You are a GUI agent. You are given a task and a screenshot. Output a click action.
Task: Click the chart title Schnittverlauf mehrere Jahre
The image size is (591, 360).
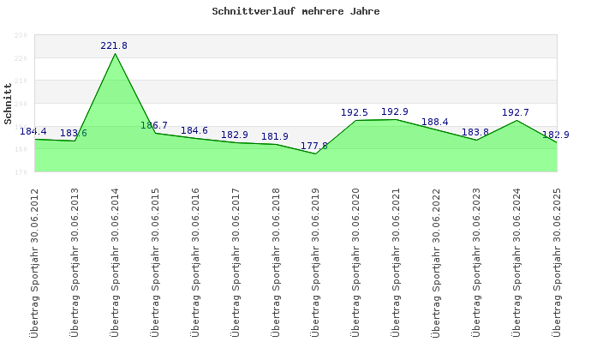click(x=295, y=12)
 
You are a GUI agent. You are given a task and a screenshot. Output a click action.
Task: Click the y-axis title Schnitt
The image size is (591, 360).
click(x=8, y=104)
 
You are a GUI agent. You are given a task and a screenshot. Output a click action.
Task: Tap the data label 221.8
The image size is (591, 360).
click(x=114, y=45)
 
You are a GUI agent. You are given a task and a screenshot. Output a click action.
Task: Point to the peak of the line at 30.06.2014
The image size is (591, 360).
click(x=115, y=53)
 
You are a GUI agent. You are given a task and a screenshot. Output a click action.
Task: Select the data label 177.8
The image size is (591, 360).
click(x=314, y=146)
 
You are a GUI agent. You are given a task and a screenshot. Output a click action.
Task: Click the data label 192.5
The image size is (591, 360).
click(x=354, y=112)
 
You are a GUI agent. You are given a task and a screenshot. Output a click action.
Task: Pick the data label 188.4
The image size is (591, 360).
click(x=435, y=122)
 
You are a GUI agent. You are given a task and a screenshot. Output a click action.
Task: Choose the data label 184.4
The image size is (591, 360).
click(x=33, y=131)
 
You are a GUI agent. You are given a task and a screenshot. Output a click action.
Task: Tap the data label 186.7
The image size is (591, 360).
click(x=154, y=125)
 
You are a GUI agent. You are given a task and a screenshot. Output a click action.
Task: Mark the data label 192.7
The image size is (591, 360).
click(x=515, y=112)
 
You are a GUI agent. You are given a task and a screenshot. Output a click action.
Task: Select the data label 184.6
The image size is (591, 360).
click(x=194, y=130)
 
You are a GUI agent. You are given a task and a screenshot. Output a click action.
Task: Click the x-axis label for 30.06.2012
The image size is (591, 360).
click(x=35, y=261)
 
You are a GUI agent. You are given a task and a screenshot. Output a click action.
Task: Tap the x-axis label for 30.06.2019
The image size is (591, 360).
click(x=315, y=261)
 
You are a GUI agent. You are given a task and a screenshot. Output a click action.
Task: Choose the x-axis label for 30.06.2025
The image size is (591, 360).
click(x=556, y=261)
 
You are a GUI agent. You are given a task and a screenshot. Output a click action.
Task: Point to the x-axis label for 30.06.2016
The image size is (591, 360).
click(x=195, y=261)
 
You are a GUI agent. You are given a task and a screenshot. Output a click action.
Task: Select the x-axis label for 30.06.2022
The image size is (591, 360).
click(x=435, y=261)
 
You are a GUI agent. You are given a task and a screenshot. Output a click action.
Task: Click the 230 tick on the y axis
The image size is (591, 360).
click(x=21, y=35)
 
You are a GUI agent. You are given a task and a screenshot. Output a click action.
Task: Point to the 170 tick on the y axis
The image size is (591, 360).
click(x=21, y=171)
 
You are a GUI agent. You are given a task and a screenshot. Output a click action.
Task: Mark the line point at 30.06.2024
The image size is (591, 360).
click(x=516, y=120)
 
